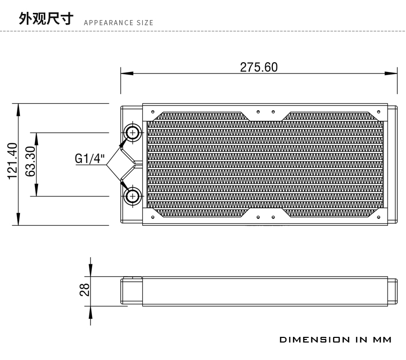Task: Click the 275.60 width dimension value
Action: pyautogui.click(x=259, y=67)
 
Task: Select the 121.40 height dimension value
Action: pyautogui.click(x=12, y=161)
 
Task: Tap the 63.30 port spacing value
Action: pyautogui.click(x=30, y=161)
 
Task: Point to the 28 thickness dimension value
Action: pyautogui.click(x=84, y=290)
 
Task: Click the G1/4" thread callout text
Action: pyautogui.click(x=90, y=158)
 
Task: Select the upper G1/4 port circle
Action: pyautogui.click(x=133, y=133)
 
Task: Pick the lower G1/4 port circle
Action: pyautogui.click(x=133, y=196)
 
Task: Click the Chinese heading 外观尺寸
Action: pyautogui.click(x=46, y=19)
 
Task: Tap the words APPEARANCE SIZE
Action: pyautogui.click(x=119, y=23)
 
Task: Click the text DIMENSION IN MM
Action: pyautogui.click(x=336, y=339)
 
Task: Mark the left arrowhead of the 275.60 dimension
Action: pyautogui.click(x=127, y=74)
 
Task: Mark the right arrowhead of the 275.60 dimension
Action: pyautogui.click(x=391, y=74)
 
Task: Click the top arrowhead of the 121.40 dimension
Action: pyautogui.click(x=18, y=110)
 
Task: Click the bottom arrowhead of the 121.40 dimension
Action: pyautogui.click(x=18, y=219)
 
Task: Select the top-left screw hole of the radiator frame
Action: pyautogui.click(x=153, y=112)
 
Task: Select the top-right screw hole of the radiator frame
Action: pyautogui.click(x=379, y=112)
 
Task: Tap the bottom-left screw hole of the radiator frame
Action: pyautogui.click(x=153, y=217)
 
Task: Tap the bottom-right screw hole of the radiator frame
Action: pyautogui.click(x=379, y=217)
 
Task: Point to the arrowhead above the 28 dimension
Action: pyautogui.click(x=90, y=271)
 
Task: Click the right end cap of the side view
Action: pyautogui.click(x=393, y=291)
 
